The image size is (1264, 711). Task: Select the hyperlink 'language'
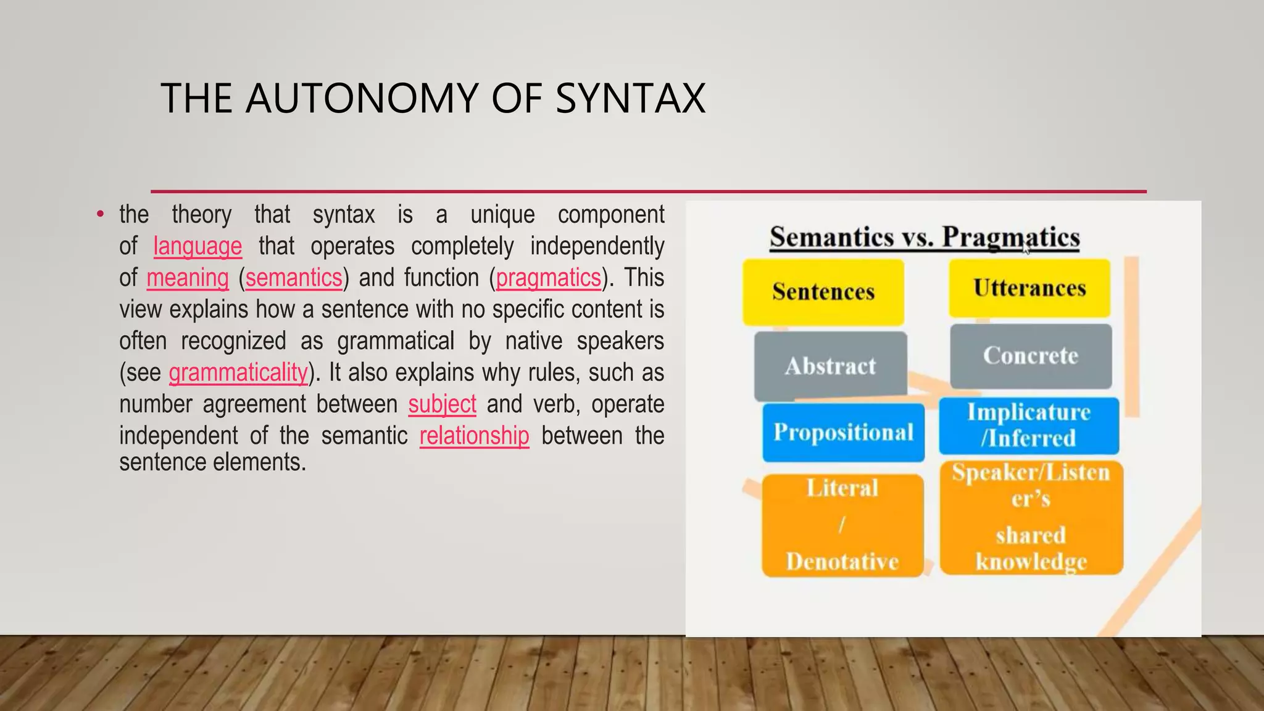point(197,246)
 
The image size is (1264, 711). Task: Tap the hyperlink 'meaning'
point(188,278)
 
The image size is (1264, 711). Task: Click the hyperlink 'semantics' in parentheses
point(294,278)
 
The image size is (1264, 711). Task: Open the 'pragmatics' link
point(548,278)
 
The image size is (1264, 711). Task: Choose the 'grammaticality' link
point(238,373)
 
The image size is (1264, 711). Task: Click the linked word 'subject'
point(442,404)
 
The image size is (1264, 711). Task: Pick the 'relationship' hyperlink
point(474,436)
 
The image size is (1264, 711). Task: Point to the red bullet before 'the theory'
point(100,215)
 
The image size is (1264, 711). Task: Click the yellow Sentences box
point(823,292)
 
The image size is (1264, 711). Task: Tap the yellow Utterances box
point(1029,288)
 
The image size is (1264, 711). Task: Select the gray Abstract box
point(830,366)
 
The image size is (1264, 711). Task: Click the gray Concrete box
point(1031,356)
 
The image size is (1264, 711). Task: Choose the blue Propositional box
point(843,432)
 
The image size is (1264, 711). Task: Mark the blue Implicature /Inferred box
point(1029,425)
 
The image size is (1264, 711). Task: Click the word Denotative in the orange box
point(842,562)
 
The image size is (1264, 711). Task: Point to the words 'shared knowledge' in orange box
point(1031,548)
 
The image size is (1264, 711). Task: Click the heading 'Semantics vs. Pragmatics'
point(925,238)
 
